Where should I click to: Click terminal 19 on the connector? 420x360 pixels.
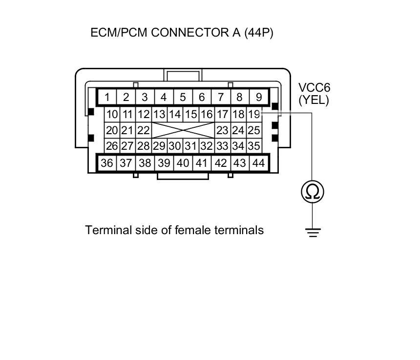pos(254,115)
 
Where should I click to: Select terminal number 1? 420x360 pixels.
pos(106,97)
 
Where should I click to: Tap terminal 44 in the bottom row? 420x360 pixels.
pos(258,163)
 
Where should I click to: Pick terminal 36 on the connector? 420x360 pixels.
pos(106,163)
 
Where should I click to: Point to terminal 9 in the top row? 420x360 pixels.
pos(258,97)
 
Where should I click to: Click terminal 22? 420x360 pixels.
pos(143,130)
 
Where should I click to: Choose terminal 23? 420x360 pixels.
pos(222,130)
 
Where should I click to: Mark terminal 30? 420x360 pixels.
pos(175,145)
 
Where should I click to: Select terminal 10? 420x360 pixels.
pos(112,115)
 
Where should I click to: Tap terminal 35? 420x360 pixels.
pos(254,145)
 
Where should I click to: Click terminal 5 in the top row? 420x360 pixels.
pos(183,97)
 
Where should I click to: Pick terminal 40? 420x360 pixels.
pos(183,163)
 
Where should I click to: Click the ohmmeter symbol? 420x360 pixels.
pos(313,191)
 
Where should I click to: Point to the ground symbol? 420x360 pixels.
pos(313,233)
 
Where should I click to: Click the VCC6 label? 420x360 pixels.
pos(314,88)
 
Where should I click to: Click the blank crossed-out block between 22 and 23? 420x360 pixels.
pos(183,130)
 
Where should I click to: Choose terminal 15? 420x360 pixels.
pos(191,115)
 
